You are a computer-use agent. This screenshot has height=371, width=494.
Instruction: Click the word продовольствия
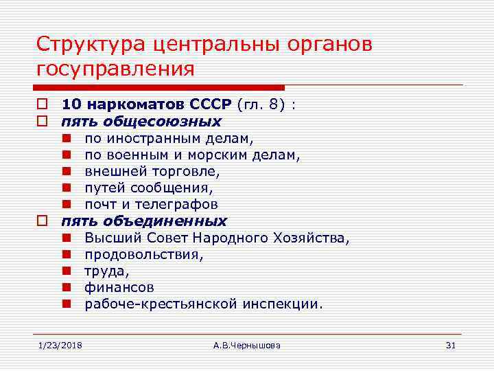coord(144,255)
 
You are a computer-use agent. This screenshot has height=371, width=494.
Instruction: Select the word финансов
coord(119,287)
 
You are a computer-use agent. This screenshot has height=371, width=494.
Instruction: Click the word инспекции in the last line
coord(282,304)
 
